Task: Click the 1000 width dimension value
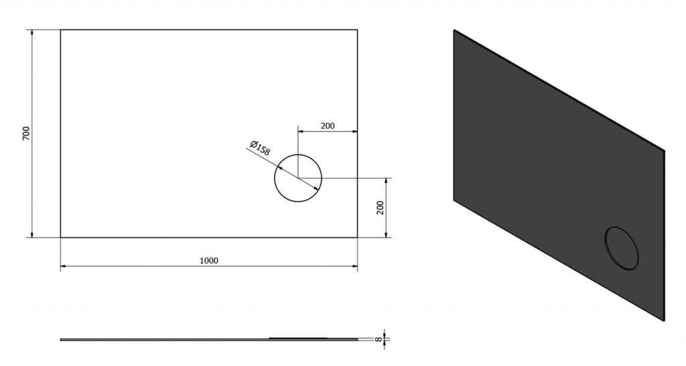209,261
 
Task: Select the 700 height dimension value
26,133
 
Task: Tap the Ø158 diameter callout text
260,148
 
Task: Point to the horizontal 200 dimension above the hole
328,126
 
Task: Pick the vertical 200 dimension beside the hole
381,208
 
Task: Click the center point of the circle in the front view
298,178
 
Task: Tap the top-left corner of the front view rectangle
60,29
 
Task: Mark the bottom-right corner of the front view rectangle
358,237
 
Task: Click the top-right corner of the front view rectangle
358,29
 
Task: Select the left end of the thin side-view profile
61,339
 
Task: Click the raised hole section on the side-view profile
298,338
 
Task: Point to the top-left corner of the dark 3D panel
454,29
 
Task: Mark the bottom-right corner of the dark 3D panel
664,321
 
